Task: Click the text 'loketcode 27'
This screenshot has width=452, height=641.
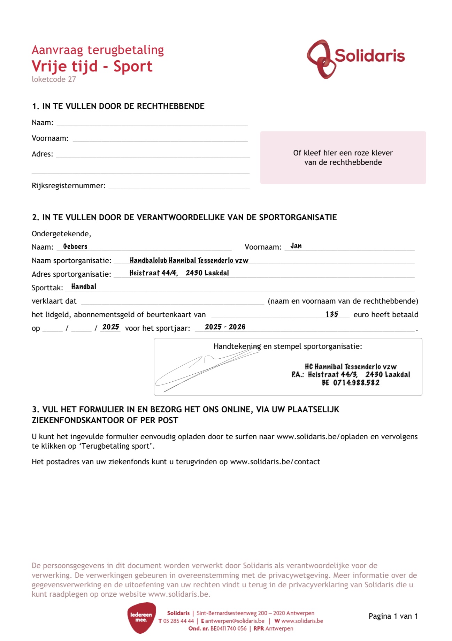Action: [54, 79]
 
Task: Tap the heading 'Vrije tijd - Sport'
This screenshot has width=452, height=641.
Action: [92, 66]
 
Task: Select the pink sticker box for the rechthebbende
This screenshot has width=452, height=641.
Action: [343, 158]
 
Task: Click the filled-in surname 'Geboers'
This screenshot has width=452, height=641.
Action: [75, 246]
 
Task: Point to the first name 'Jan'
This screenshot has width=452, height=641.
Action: [296, 246]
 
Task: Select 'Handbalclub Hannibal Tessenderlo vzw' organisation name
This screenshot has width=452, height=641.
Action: [189, 260]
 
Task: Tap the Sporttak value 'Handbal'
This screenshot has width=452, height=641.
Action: [84, 287]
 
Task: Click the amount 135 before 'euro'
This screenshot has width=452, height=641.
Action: [332, 314]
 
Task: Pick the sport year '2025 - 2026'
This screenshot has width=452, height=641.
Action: [225, 327]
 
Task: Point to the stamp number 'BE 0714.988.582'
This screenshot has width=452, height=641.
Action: [351, 383]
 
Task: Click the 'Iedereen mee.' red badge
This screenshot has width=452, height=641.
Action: [141, 618]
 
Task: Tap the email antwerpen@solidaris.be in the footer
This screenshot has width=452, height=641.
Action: [235, 621]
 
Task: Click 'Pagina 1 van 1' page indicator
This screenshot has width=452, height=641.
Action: [393, 616]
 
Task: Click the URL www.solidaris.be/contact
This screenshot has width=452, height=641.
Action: [275, 462]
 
